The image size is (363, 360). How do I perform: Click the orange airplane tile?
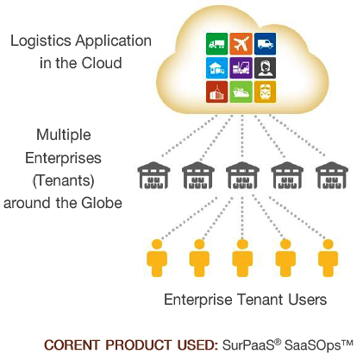pyautogui.click(x=241, y=44)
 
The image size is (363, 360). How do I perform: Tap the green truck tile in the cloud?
pyautogui.click(x=217, y=44)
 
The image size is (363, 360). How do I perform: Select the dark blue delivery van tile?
pyautogui.click(x=265, y=44)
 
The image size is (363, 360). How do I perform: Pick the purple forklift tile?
pyautogui.click(x=241, y=68)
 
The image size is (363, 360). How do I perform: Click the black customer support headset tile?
pyautogui.click(x=265, y=68)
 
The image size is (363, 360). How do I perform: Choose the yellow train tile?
pyautogui.click(x=265, y=92)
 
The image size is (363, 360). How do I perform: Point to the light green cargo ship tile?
pyautogui.click(x=241, y=92)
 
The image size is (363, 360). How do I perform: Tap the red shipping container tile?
pyautogui.click(x=217, y=92)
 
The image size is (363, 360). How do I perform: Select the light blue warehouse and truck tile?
pyautogui.click(x=217, y=68)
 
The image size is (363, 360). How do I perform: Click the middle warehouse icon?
pyautogui.click(x=242, y=175)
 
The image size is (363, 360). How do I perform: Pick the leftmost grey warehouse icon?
pyautogui.click(x=153, y=175)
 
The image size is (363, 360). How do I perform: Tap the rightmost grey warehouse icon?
pyautogui.click(x=332, y=175)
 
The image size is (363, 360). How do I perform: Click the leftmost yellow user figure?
pyautogui.click(x=157, y=258)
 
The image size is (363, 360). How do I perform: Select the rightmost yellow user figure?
pyautogui.click(x=328, y=258)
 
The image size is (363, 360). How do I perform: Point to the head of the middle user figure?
pyautogui.click(x=242, y=244)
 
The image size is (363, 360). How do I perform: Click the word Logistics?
pyautogui.click(x=41, y=41)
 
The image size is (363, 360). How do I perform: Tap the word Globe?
pyautogui.click(x=102, y=203)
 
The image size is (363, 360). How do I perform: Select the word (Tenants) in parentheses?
pyautogui.click(x=64, y=180)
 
